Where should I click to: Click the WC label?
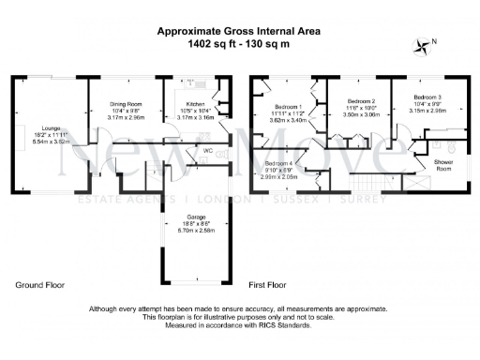[x=205, y=152]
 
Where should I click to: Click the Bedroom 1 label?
[x=290, y=106]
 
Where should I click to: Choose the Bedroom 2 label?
[x=361, y=99]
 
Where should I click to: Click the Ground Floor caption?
[x=40, y=284]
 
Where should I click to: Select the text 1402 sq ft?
[x=212, y=43]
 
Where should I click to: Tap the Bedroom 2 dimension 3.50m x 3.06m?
[x=361, y=112]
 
